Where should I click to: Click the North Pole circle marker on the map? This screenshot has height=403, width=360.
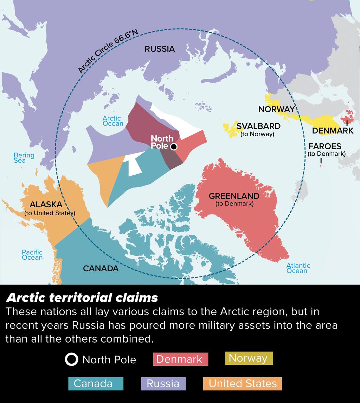pos(173,147)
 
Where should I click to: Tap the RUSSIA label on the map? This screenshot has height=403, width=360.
pos(160,49)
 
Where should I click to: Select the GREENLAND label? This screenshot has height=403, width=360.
pos(234,196)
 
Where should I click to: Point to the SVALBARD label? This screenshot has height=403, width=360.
pos(258,126)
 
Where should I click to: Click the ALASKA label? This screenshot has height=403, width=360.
pos(46,204)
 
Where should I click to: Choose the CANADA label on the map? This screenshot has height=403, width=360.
pos(101,269)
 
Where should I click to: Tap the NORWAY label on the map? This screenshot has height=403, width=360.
pos(276,109)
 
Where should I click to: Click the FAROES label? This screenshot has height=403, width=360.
pos(325,146)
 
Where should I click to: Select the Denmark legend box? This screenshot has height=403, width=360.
pos(180,359)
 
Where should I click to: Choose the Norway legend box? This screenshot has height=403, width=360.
pos(248,358)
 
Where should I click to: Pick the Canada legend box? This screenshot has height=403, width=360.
pos(96,384)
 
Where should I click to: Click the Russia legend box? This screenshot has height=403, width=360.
pos(163,384)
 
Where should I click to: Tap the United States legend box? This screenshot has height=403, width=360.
pos(242,384)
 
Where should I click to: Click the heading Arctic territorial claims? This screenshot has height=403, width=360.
pos(82,298)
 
